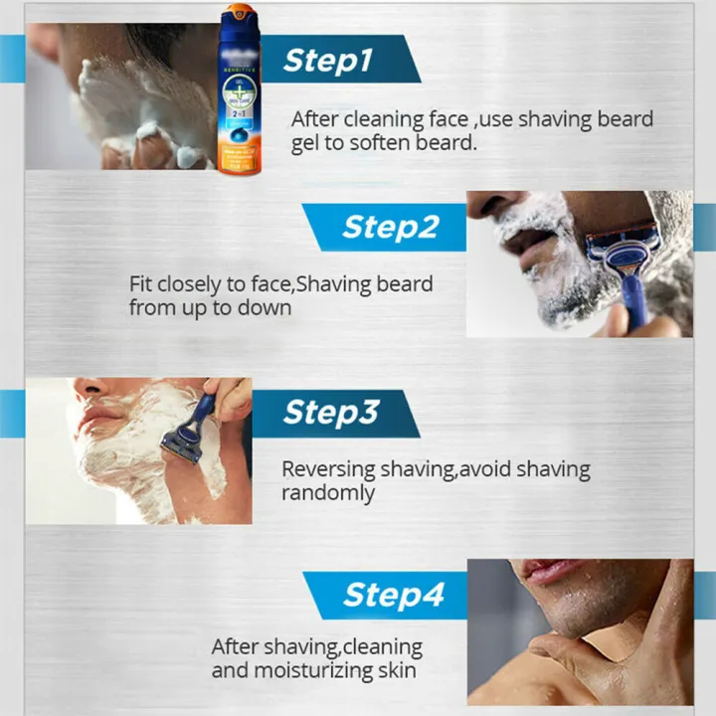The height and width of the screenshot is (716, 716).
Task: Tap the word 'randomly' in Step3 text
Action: point(328,493)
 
